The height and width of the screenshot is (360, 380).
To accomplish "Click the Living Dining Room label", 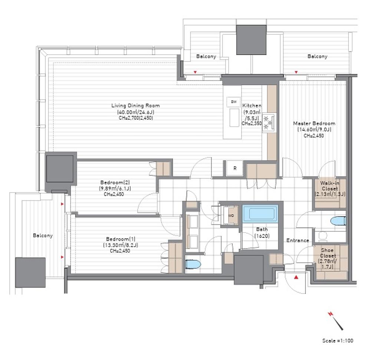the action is click(x=135, y=106).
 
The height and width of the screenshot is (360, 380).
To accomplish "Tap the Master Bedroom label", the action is click(x=314, y=123).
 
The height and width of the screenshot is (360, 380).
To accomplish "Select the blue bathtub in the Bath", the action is click(x=260, y=214).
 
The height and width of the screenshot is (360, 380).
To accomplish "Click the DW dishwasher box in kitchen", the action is click(x=234, y=102).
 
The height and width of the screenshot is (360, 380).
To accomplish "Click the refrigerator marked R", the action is click(x=235, y=168).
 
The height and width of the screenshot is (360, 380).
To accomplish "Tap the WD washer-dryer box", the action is click(x=231, y=215).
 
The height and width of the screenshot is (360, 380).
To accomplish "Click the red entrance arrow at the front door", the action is click(x=296, y=277).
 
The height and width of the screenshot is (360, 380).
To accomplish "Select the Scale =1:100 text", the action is click(x=338, y=341).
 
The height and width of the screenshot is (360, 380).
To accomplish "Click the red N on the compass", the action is click(x=331, y=314).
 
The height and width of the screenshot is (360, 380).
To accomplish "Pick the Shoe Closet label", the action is click(x=328, y=253).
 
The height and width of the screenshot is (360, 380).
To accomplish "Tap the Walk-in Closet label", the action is click(x=330, y=186).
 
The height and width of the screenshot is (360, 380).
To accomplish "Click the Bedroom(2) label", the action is click(x=115, y=182).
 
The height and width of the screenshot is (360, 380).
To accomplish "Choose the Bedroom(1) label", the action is click(x=121, y=239).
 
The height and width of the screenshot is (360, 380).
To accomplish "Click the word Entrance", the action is click(x=298, y=240).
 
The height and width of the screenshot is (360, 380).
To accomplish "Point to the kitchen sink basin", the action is click(x=235, y=118).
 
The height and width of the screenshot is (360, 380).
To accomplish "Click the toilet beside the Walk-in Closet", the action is click(x=338, y=221).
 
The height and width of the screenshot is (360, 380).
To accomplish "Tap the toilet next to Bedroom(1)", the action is click(x=193, y=264).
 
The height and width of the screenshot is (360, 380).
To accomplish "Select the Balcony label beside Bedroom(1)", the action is click(x=43, y=235).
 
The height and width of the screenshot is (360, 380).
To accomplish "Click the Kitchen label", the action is click(x=252, y=106).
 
